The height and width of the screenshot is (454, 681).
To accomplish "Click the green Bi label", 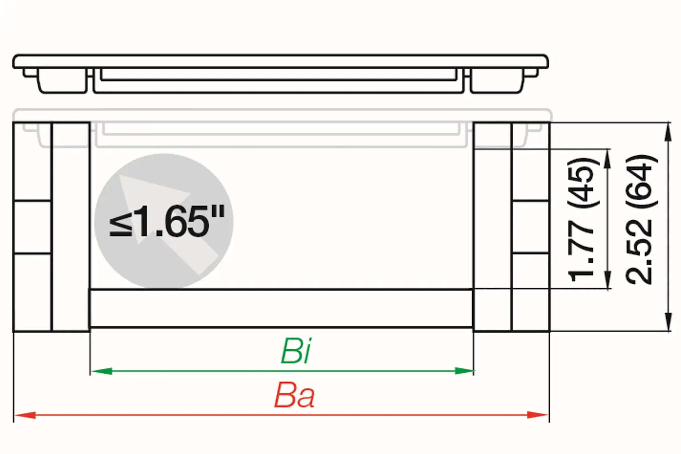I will (296, 351).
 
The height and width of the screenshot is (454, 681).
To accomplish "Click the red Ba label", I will (294, 396).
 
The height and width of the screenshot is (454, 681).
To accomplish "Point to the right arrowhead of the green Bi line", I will (464, 371).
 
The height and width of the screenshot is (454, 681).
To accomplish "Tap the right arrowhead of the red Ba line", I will (538, 415).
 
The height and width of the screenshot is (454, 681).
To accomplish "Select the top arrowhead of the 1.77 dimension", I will (608, 158).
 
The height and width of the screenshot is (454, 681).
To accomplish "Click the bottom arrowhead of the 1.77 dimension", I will (608, 280).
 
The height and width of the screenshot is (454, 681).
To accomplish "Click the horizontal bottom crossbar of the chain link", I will (281, 308).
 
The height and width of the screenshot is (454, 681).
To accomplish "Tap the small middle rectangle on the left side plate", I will (32, 227).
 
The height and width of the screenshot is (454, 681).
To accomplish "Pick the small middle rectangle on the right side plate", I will (531, 227).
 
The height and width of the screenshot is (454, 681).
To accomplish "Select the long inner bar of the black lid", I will (279, 75).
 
